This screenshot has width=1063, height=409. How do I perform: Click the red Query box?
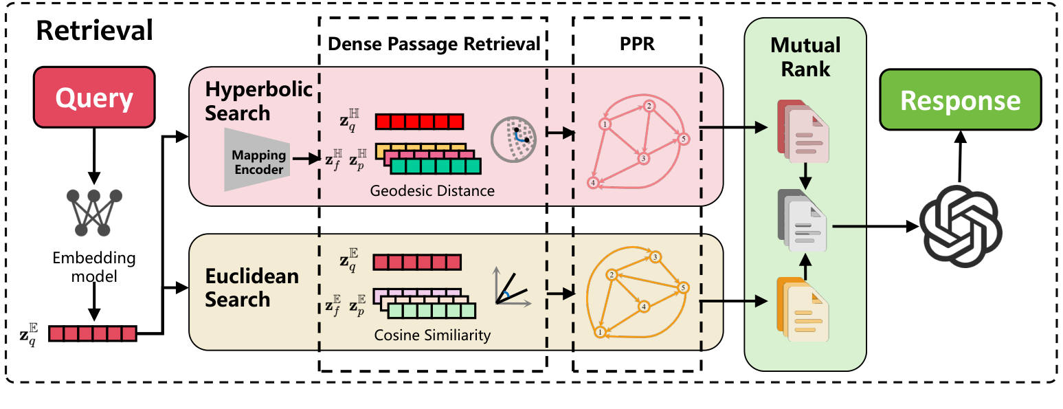(93, 98)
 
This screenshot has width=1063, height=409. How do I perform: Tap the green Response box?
(960, 100)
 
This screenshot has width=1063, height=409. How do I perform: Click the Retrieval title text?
(95, 31)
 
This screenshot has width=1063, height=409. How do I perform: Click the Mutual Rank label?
(805, 57)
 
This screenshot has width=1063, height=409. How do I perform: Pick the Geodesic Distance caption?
(432, 190)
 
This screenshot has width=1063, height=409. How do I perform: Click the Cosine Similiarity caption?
(432, 335)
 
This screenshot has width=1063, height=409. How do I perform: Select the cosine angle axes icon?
(510, 289)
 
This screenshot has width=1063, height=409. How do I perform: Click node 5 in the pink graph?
(682, 140)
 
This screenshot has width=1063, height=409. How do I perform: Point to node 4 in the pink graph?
(592, 183)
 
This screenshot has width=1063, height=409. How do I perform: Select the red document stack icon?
(802, 131)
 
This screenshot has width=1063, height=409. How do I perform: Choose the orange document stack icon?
(802, 309)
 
